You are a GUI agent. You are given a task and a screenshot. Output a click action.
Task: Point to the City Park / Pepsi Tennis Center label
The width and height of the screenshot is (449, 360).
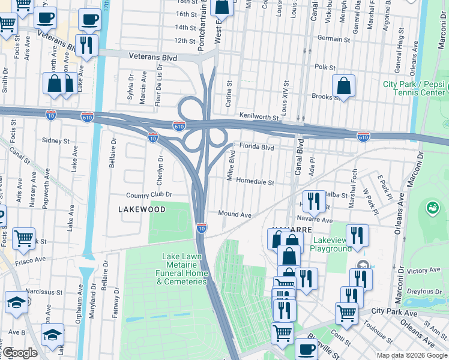[414, 88]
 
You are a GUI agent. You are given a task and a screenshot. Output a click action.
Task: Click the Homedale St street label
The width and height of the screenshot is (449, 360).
[255, 182]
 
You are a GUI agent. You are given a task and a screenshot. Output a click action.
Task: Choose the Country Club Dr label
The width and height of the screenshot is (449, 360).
[149, 195]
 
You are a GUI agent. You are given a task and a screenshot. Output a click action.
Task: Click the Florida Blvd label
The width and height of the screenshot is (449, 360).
[256, 147]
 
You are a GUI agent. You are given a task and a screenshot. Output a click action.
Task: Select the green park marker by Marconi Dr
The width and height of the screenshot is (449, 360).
[431, 208]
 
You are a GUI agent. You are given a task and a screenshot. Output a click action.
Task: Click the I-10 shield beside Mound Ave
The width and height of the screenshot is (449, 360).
[202, 228]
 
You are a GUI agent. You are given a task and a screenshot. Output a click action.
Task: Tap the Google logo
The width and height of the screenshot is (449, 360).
[20, 353]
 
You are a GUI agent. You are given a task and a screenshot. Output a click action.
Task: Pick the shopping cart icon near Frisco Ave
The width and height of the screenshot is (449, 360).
[23, 238]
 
